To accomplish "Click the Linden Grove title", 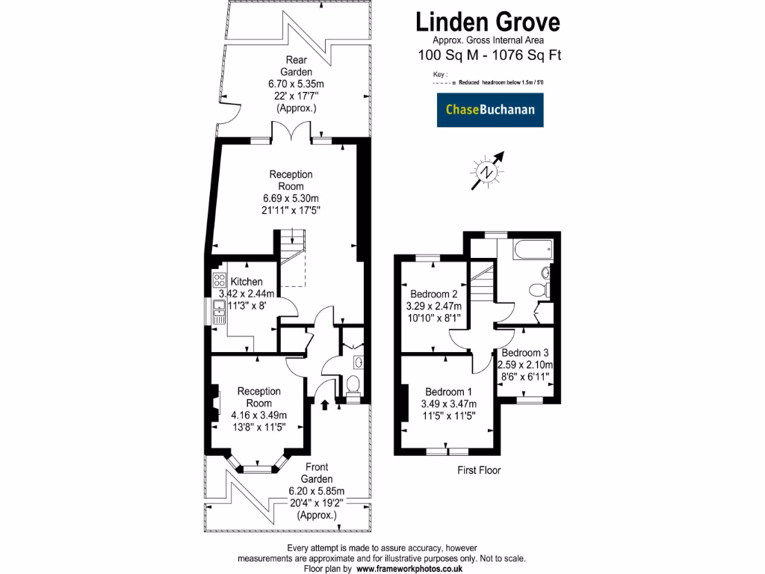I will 487,21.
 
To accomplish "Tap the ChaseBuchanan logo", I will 490,110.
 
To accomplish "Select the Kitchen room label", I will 246,281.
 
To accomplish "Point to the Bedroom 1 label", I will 448,392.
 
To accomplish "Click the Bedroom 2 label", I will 433,294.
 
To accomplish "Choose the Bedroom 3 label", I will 525,353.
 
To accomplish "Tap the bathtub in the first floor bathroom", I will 531,248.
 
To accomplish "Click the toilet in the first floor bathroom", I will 537,289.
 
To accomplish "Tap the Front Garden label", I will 317,473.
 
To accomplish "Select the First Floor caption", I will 479,471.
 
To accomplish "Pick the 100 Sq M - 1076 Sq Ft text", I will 489,54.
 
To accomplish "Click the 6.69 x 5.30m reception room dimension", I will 291,198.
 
